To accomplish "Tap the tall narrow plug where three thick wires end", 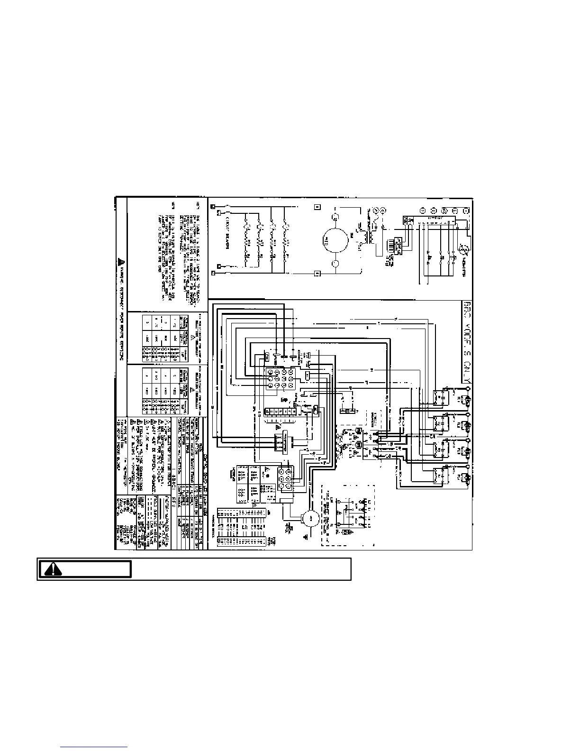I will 283,442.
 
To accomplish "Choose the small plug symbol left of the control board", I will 232,473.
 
